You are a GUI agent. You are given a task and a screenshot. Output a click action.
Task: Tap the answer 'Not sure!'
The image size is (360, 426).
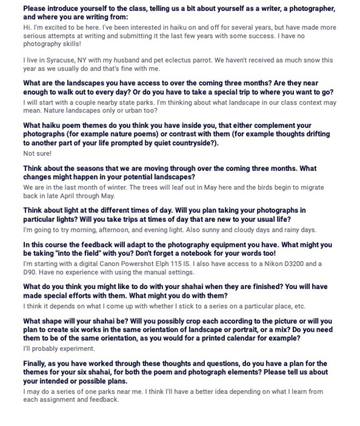pyautogui.click(x=37, y=153)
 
